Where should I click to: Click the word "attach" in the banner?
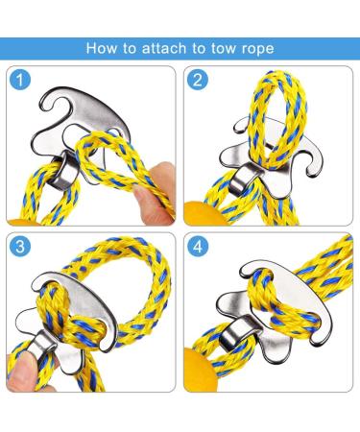tap(164, 49)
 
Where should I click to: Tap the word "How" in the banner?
tap(101, 48)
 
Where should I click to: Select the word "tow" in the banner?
tap(224, 49)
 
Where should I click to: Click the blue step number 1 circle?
tap(20, 80)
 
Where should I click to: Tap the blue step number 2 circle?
tap(198, 80)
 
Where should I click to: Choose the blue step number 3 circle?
tap(20, 246)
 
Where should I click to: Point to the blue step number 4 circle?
tap(198, 246)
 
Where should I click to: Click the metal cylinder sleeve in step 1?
tap(63, 170)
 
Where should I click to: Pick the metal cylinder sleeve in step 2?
tap(241, 179)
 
